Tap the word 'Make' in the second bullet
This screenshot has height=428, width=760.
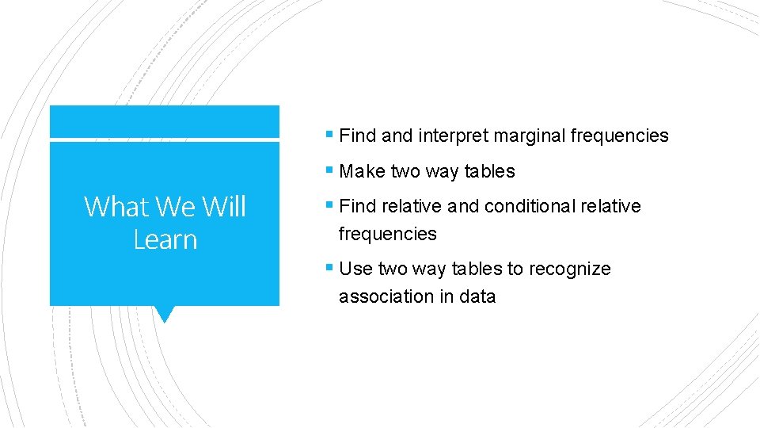pyautogui.click(x=362, y=171)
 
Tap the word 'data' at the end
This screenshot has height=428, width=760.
pyautogui.click(x=477, y=296)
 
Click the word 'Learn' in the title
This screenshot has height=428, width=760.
pyautogui.click(x=165, y=239)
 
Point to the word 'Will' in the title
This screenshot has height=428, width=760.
pyautogui.click(x=224, y=207)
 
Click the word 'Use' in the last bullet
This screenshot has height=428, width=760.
pyautogui.click(x=355, y=269)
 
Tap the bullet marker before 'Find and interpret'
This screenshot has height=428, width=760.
pyautogui.click(x=329, y=136)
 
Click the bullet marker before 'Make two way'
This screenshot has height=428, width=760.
pyautogui.click(x=329, y=171)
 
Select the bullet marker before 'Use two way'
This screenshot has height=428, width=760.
pyautogui.click(x=329, y=269)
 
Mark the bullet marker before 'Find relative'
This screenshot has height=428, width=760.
pyautogui.click(x=329, y=206)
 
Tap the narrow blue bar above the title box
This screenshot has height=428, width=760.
pyautogui.click(x=165, y=121)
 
